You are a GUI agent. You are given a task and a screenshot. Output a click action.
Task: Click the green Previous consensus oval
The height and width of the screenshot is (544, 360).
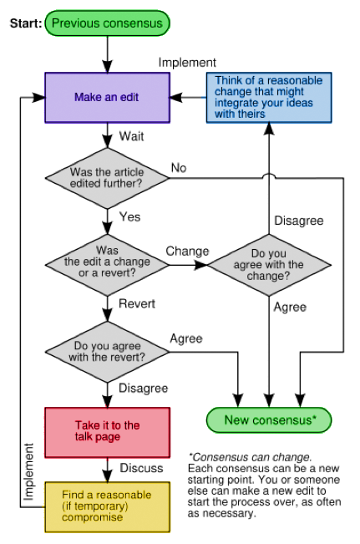click(109, 23)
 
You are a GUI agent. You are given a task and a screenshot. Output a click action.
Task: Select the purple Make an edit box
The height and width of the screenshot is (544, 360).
click(106, 98)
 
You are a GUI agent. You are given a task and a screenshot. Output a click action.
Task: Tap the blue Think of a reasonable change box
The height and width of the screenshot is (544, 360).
click(268, 97)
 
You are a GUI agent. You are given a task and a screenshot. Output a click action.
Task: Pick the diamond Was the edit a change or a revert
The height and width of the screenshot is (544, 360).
click(106, 261)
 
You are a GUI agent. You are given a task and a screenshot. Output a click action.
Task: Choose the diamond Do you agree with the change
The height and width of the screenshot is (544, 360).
click(268, 265)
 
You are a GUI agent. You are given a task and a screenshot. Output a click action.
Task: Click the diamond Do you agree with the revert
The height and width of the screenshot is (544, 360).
click(106, 351)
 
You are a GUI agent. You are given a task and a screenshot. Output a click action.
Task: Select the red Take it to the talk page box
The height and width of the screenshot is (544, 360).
click(106, 430)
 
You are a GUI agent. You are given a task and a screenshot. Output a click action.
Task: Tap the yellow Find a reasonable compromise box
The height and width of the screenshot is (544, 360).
click(106, 506)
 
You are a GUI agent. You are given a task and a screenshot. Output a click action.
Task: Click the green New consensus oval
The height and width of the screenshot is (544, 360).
click(269, 419)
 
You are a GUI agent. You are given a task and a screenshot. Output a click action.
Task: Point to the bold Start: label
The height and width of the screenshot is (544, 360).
click(24, 23)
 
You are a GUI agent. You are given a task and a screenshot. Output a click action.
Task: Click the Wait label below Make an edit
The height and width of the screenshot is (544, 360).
click(131, 135)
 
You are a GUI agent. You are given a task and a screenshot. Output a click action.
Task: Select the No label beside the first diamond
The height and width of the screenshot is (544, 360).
click(179, 168)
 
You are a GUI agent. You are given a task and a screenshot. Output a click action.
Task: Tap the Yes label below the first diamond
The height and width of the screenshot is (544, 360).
click(129, 216)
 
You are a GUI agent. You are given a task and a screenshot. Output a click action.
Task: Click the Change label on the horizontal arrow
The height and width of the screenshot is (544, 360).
click(186, 251)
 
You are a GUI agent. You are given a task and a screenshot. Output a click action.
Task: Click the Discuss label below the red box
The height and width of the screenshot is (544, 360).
click(140, 467)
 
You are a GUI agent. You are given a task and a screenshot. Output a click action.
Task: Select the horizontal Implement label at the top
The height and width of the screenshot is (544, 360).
click(187, 62)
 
